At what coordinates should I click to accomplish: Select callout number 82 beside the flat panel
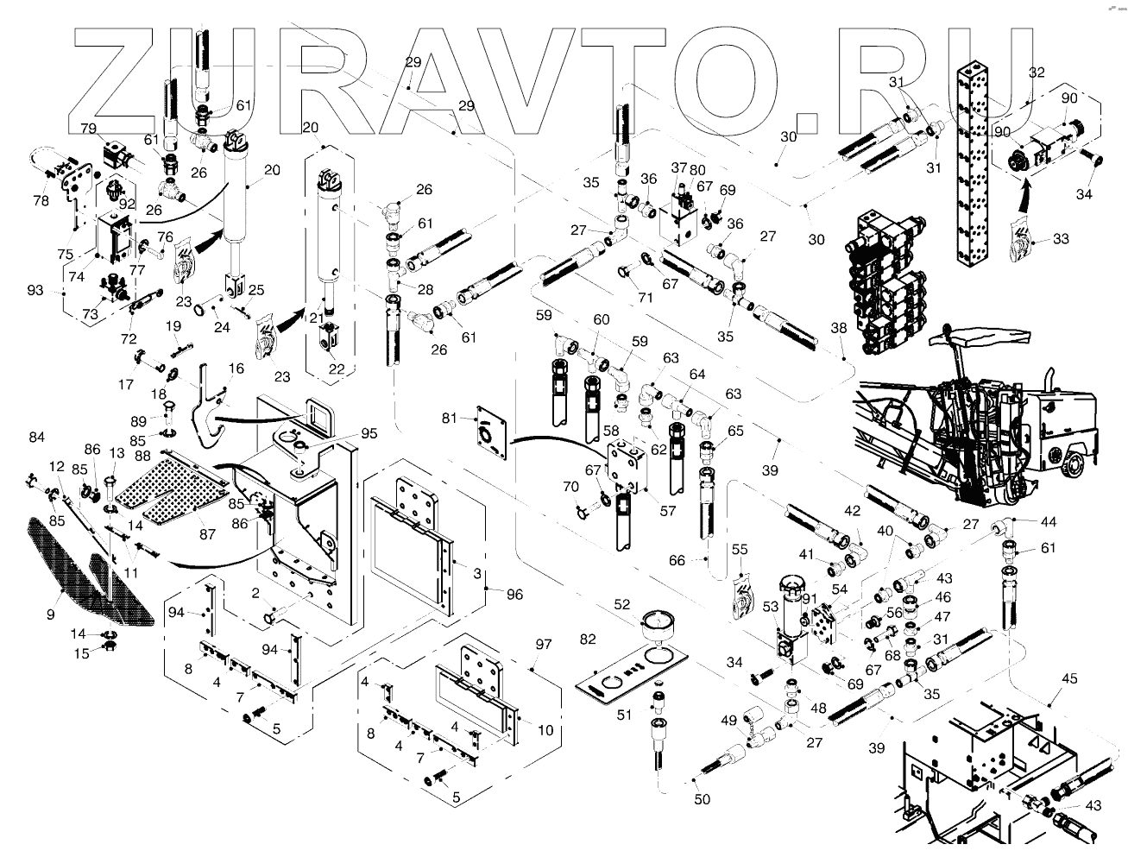(589, 639)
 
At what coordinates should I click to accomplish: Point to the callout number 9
(51, 614)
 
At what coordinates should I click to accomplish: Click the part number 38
(838, 328)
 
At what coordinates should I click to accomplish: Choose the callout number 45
(1069, 678)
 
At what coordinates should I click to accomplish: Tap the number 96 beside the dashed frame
(514, 594)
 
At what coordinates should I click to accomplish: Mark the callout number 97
(543, 645)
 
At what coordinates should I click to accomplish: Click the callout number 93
(35, 291)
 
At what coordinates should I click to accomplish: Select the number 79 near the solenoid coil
(89, 129)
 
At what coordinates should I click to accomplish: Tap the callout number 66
(677, 561)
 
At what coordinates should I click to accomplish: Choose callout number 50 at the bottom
(703, 799)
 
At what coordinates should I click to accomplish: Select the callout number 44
(1048, 521)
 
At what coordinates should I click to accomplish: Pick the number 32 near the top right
(1037, 72)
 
